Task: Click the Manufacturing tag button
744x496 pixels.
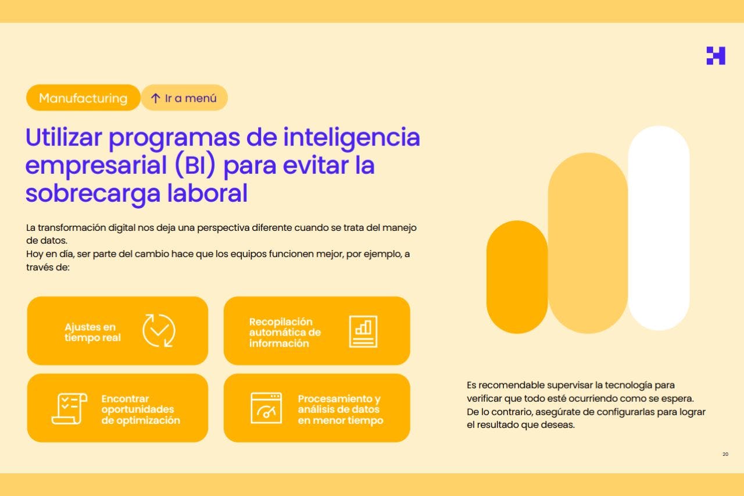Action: point(83,98)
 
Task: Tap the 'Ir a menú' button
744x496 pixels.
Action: point(184,98)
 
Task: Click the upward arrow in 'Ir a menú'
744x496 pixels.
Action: point(155,98)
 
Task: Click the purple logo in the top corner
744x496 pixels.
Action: point(716,56)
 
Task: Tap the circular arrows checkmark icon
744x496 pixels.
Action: point(159,330)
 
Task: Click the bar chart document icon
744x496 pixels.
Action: point(363,331)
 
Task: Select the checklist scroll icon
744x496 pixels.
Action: point(69,408)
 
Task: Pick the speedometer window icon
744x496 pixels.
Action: point(266,408)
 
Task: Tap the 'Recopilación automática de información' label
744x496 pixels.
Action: point(285,332)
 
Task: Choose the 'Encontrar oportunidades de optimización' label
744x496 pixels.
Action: point(140,409)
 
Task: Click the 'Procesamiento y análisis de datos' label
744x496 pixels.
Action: point(340,409)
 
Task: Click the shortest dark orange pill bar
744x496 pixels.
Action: point(517,277)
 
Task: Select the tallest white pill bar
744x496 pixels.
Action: point(659,228)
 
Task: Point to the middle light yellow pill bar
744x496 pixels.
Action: point(587,243)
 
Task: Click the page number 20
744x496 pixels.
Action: point(725,454)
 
